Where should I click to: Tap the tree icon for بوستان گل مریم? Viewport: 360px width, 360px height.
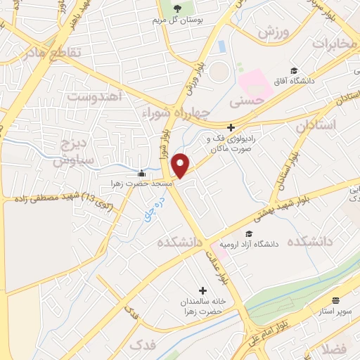click(177, 8)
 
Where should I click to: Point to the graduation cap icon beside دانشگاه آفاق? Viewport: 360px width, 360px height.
click(293, 70)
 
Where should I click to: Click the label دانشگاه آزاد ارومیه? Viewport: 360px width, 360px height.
click(250, 245)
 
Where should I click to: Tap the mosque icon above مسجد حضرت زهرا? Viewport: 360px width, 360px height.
click(142, 174)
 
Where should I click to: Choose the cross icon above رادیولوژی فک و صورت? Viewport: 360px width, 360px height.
click(230, 127)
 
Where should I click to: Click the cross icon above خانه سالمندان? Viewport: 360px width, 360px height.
click(203, 290)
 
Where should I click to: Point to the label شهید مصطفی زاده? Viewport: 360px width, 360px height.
click(49, 198)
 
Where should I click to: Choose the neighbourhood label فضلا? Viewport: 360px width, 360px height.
click(337, 348)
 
